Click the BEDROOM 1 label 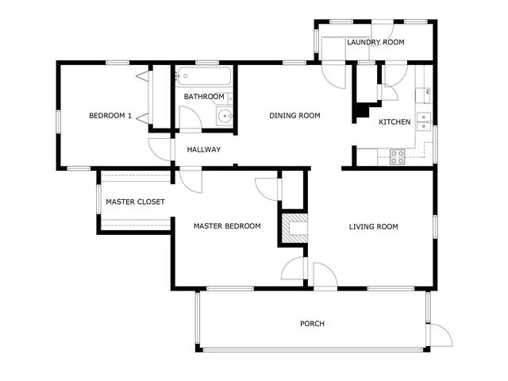tap(110, 116)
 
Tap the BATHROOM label tap(204, 97)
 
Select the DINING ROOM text tap(294, 115)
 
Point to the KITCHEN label tap(394, 121)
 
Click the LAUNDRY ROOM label tap(375, 42)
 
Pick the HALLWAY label tap(204, 149)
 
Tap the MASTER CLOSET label tap(136, 202)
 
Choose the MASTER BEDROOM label tap(227, 225)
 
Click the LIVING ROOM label tap(374, 227)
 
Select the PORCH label tap(312, 324)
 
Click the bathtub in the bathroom tap(204, 76)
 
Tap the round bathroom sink tap(225, 116)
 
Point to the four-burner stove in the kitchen tap(397, 157)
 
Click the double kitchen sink tap(424, 121)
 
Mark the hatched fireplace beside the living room tap(294, 228)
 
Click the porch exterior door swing tap(441, 335)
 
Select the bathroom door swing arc tap(190, 117)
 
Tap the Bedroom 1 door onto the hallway tap(160, 149)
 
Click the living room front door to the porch tap(325, 275)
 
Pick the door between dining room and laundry tap(333, 76)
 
